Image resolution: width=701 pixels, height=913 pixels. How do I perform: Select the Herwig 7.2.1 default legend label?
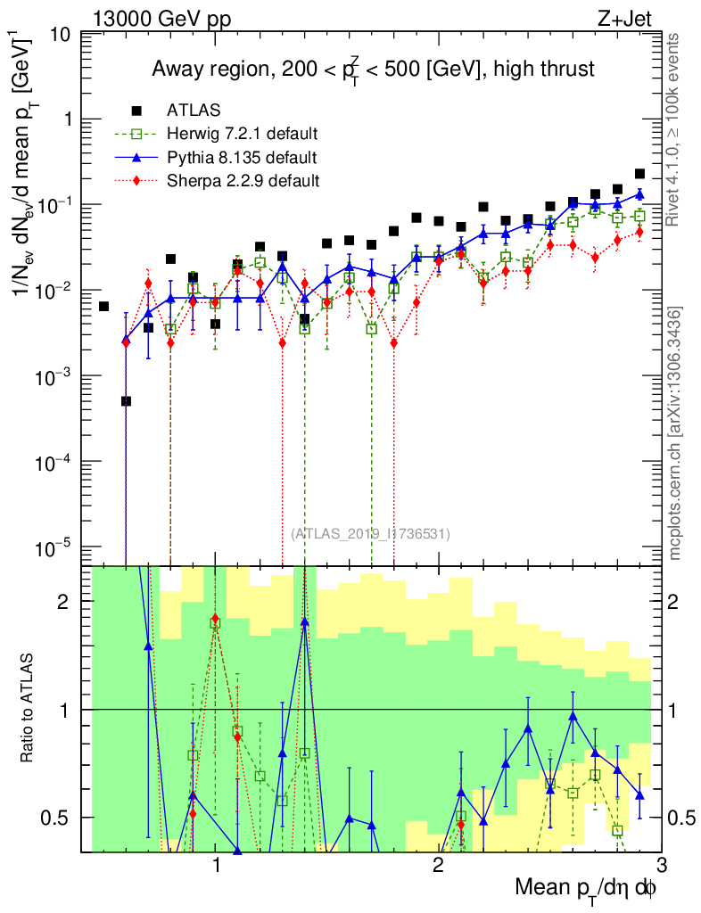(x=243, y=135)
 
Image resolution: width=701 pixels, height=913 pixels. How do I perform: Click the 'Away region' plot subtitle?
(x=373, y=69)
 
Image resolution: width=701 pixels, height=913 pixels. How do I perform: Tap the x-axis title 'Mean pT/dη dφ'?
(x=587, y=888)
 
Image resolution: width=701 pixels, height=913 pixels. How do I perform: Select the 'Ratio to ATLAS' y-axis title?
(x=29, y=709)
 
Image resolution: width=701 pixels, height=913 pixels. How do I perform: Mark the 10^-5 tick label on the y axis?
(x=55, y=547)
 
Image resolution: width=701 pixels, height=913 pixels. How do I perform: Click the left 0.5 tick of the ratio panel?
(x=61, y=818)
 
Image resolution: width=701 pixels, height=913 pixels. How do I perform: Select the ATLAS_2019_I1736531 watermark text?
(x=370, y=534)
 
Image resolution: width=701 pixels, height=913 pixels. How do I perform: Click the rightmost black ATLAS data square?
(x=639, y=174)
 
